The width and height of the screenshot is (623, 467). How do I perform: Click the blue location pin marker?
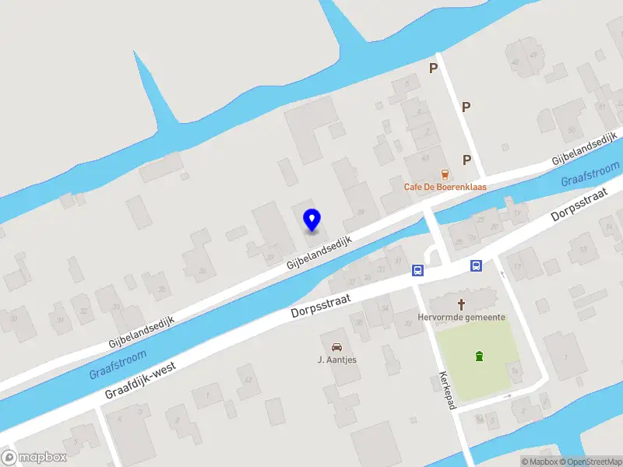pos(311,219)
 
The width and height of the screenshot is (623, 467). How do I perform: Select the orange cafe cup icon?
pos(445,173)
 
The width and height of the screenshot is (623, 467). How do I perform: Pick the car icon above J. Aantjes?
pos(336,346)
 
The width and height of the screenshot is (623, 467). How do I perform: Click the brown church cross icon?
pos(462,304)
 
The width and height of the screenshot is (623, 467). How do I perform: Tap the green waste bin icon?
pos(478,356)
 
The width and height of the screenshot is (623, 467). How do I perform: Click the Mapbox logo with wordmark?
pos(34,457)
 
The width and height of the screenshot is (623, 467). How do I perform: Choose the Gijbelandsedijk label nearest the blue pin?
pos(319,253)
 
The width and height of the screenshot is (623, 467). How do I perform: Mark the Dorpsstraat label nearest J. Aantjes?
pos(322,304)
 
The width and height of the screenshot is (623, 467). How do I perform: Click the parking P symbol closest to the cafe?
pos(467,160)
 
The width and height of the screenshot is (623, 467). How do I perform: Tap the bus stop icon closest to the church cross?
pos(476,265)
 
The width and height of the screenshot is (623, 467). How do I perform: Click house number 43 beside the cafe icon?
pos(425,158)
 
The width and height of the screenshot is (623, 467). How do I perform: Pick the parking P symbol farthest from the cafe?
pos(433,68)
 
